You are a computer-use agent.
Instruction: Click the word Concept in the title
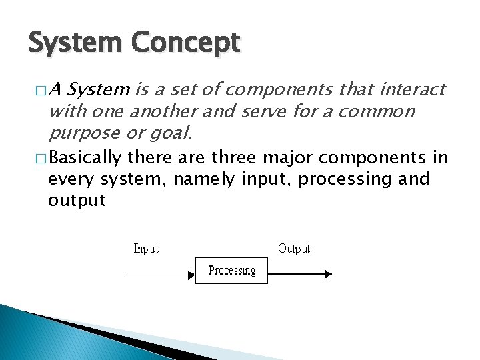pyautogui.click(x=185, y=44)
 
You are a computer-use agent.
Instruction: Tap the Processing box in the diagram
pyautogui.click(x=231, y=271)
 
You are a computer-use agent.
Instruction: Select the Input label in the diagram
pyautogui.click(x=146, y=249)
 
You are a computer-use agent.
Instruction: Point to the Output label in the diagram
pyautogui.click(x=294, y=249)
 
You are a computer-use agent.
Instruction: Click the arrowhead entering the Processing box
pyautogui.click(x=191, y=273)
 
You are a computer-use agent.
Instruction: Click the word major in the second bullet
pyautogui.click(x=288, y=158)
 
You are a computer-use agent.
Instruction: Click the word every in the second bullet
pyautogui.click(x=72, y=179)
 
